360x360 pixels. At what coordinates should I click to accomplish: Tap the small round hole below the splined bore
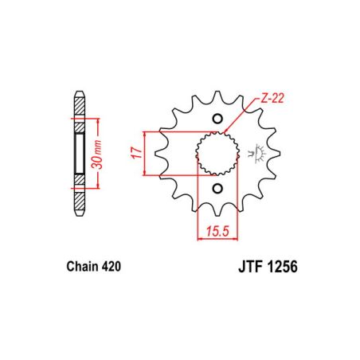[217, 189]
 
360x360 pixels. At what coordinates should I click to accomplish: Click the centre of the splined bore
[217, 153]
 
